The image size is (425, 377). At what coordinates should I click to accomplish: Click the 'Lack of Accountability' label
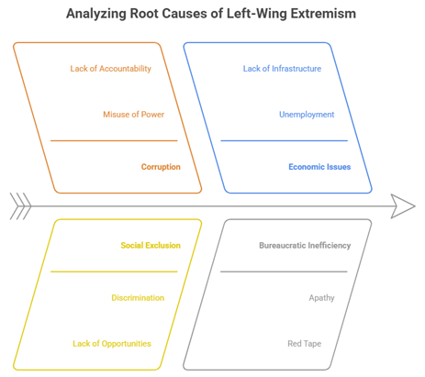[111, 69]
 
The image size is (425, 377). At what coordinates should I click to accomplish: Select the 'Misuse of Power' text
[134, 115]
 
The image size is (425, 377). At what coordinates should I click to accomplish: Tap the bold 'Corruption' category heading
[161, 167]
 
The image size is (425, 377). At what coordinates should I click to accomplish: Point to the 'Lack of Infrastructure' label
[282, 69]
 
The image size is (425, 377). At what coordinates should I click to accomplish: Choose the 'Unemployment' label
[307, 115]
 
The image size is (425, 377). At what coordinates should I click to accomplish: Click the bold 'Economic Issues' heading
[319, 167]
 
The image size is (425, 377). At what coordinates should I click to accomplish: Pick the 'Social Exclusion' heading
[151, 245]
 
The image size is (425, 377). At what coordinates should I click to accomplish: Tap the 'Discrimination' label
[138, 298]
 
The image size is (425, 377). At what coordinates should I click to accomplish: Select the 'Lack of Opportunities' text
[112, 344]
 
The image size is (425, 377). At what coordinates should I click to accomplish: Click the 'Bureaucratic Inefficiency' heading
[305, 245]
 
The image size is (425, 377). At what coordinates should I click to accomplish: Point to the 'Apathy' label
[321, 298]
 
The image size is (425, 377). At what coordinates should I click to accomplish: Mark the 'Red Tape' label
[305, 344]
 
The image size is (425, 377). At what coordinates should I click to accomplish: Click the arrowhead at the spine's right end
[403, 206]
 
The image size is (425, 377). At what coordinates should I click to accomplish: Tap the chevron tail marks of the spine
[20, 206]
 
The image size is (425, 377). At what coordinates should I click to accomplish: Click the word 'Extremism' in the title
[323, 14]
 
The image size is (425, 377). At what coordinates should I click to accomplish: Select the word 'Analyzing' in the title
[96, 14]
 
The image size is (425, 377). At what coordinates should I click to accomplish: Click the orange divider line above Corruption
[114, 140]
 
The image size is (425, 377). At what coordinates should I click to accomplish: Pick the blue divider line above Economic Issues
[285, 140]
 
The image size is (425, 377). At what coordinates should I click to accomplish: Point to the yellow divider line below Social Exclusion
[114, 272]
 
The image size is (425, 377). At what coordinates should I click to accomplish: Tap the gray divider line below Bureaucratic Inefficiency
[284, 272]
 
